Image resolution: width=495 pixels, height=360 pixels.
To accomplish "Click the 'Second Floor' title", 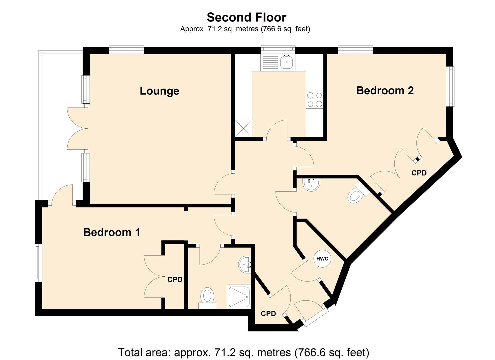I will [246, 17].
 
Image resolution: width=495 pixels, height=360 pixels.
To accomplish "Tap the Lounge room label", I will [159, 91].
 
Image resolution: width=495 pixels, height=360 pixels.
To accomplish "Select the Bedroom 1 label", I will [112, 232].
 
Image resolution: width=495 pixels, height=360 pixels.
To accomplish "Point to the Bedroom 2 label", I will [385, 90].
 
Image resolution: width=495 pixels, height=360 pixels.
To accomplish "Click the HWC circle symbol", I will [322, 259].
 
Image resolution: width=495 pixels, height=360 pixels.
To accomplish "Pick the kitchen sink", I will [286, 62].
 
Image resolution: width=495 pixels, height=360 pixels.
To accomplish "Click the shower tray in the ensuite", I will [239, 296].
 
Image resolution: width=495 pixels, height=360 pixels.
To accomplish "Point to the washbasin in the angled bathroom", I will [311, 184].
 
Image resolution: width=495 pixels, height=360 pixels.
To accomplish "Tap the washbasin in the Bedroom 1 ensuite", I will [245, 264].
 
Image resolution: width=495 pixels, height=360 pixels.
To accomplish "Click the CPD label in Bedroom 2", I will [419, 173].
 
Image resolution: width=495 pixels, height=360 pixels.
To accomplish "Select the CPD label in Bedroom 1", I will [175, 280].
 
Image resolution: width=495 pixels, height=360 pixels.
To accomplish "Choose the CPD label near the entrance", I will [268, 314].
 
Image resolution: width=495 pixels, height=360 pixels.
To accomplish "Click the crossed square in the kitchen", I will [243, 128].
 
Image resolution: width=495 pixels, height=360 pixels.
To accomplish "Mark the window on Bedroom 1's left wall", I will [37, 263].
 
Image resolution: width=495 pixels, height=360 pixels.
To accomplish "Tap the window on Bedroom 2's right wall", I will [451, 86].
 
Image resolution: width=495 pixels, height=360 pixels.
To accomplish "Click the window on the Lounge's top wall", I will [126, 49].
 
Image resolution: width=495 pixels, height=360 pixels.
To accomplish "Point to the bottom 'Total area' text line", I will [243, 352].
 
